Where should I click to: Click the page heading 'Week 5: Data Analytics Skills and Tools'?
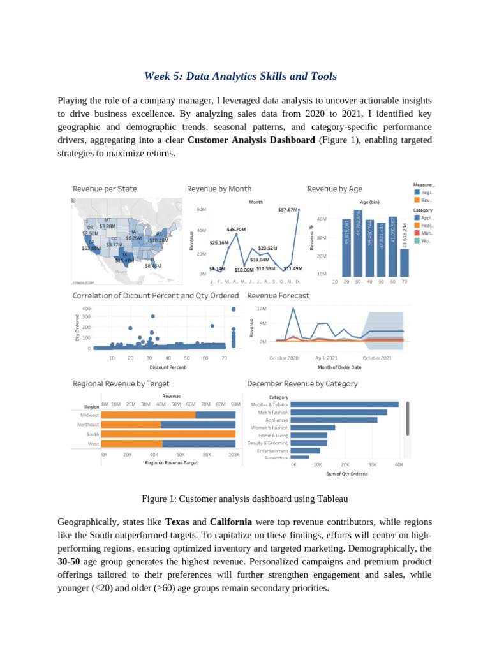[x=241, y=77]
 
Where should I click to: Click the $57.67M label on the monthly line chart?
[x=288, y=209]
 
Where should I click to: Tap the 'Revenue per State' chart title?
[x=105, y=189]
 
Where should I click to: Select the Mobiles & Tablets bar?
[x=345, y=404]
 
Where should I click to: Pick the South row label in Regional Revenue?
[x=93, y=434]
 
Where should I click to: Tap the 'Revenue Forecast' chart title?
[x=278, y=296]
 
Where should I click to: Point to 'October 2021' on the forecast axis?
[x=377, y=358]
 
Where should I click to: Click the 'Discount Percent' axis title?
[x=168, y=367]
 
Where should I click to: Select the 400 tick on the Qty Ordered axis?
[x=85, y=308]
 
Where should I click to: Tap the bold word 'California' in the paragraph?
[x=230, y=521]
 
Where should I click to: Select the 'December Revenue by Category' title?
[x=302, y=384]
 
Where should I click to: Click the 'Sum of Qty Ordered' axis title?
[x=346, y=473]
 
